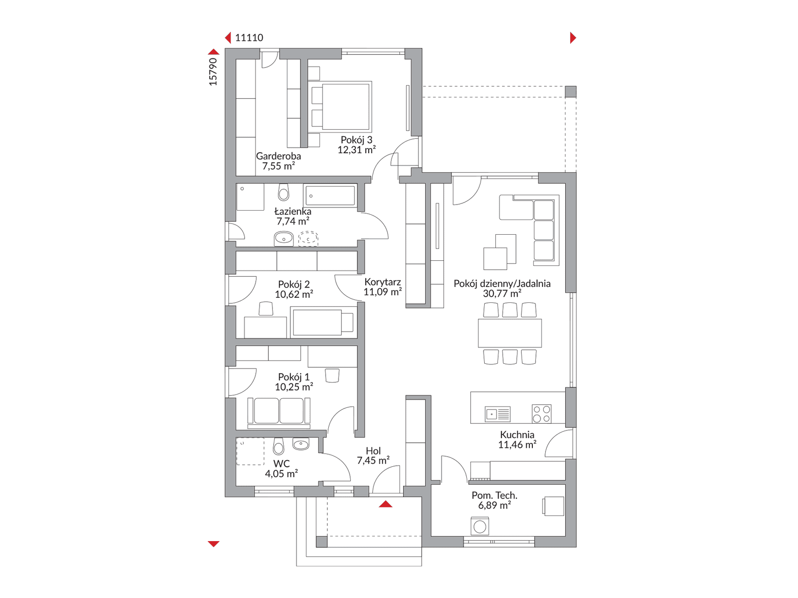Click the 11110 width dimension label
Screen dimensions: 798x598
pos(249,38)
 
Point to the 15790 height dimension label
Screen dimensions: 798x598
pos(213,72)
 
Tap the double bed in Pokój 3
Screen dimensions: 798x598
pos(342,106)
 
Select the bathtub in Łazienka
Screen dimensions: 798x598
pos(330,196)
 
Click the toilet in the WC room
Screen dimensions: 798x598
pos(278,446)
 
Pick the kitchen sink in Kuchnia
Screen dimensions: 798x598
pos(497,414)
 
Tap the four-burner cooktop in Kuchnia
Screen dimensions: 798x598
pos(542,414)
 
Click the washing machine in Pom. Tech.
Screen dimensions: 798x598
pos(480,526)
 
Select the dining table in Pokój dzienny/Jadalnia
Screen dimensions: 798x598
pos(510,333)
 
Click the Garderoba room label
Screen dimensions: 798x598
pos(278,156)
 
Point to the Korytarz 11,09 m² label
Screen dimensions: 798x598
pos(383,287)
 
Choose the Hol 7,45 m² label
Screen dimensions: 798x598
pos(373,456)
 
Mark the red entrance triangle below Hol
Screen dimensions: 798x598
pos(386,504)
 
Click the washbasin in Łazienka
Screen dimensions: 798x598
pos(284,239)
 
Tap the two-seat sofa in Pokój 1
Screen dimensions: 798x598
pos(279,413)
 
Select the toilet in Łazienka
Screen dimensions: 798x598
pos(284,192)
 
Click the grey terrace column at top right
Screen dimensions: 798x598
pos(571,92)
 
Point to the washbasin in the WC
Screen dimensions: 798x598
pos(301,444)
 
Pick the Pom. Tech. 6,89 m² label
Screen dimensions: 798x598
pos(494,500)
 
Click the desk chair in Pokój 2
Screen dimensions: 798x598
pos(266,308)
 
